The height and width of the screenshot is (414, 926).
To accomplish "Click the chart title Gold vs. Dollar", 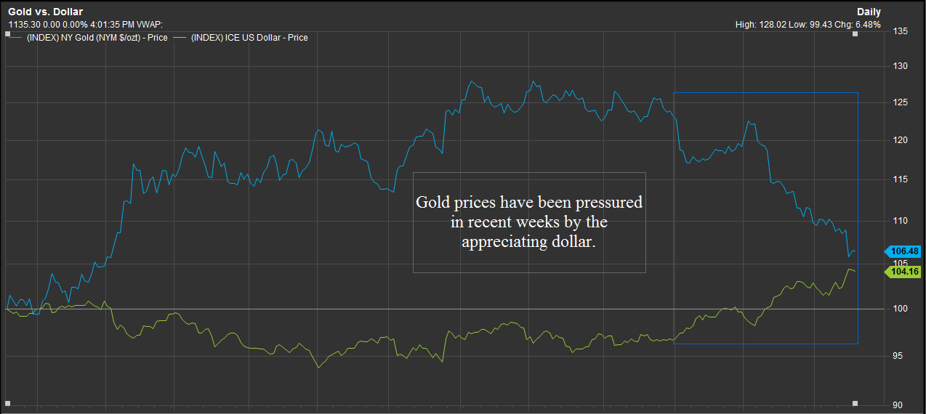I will coord(45,12).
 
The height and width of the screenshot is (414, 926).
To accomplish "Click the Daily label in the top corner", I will coord(869,12).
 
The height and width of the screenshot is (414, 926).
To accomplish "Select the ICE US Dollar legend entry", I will coord(249,37).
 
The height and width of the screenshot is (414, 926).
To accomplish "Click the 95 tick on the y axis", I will coord(899,355).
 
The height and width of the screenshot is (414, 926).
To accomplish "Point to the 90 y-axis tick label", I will coord(899,405).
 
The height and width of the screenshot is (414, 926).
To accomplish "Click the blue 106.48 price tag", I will coord(903,251).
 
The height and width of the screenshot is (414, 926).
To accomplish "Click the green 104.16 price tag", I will coord(903,272).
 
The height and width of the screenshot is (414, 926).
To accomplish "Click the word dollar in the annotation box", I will coord(570,242).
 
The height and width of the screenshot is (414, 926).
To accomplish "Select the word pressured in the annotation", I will coord(608,202).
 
